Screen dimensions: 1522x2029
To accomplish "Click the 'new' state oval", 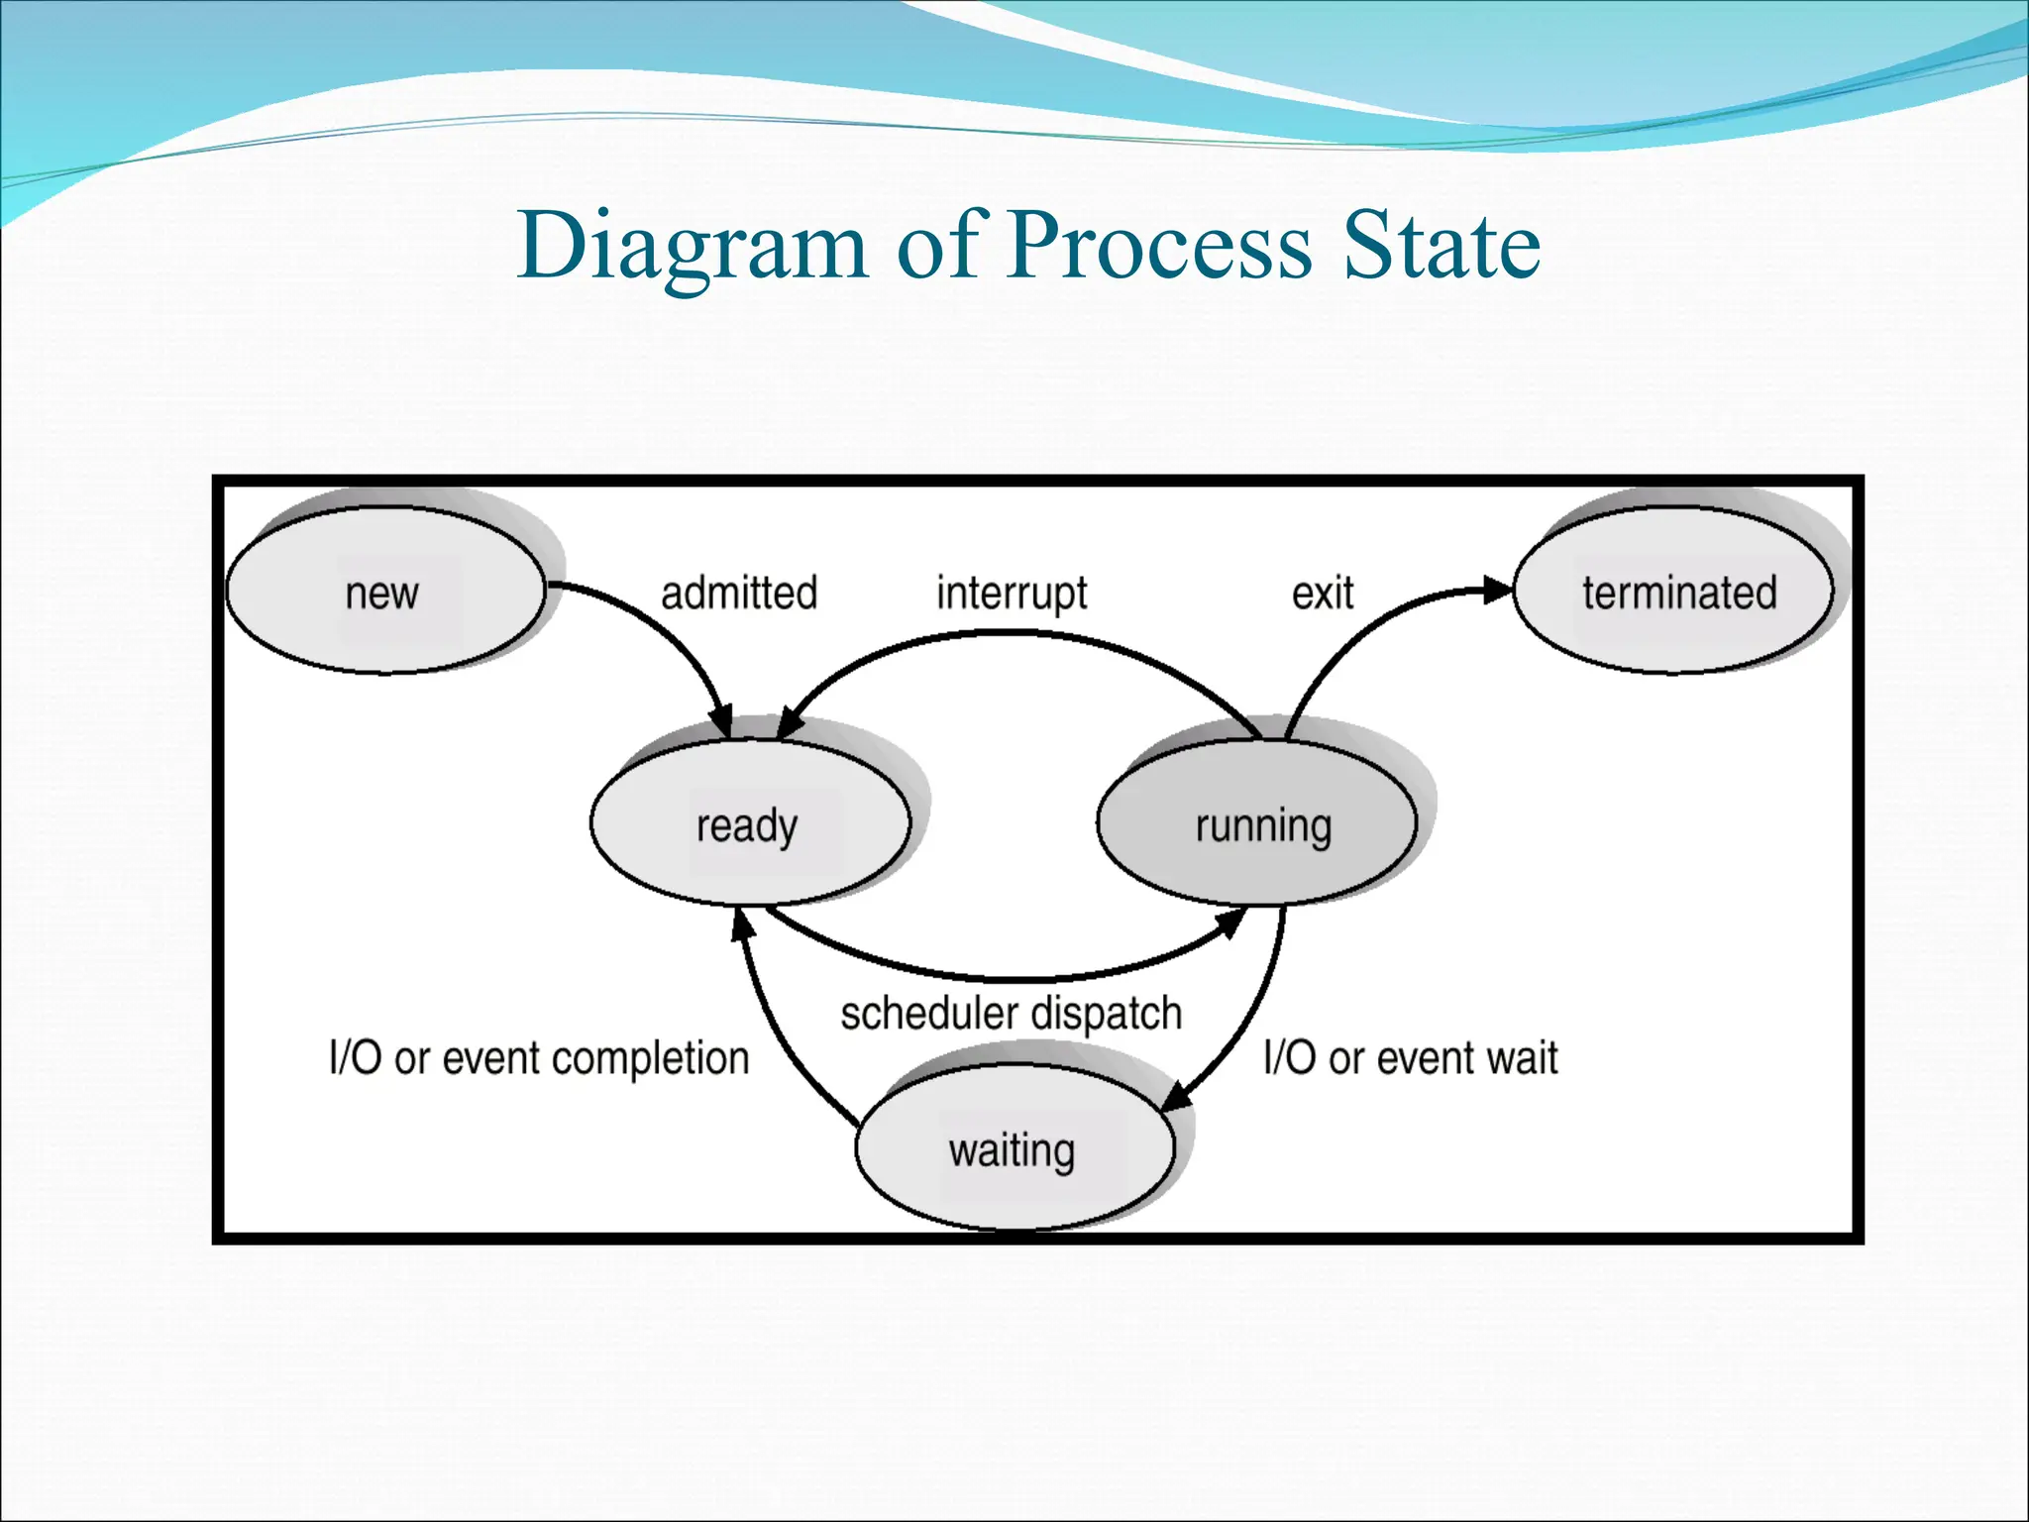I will [x=384, y=592].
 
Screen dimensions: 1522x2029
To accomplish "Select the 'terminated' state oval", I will [x=1674, y=592].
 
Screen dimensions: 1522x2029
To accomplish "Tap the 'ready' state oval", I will [x=749, y=823].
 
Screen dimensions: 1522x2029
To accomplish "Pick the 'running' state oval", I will [x=1258, y=823].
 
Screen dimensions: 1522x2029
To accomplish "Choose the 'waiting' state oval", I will [x=1014, y=1149].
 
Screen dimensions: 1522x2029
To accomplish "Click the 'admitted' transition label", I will [x=739, y=593].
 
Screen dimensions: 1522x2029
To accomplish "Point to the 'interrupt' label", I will [x=1012, y=593].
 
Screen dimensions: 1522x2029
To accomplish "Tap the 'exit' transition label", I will [x=1322, y=593].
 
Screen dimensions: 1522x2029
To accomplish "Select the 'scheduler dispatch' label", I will [x=1012, y=1013].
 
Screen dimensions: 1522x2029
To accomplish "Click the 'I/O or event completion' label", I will [x=539, y=1058].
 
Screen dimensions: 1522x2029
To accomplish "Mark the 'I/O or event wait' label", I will [x=1410, y=1058].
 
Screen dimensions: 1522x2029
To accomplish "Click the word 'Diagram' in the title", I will [x=692, y=246].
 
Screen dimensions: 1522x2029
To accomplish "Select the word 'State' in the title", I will [x=1442, y=246].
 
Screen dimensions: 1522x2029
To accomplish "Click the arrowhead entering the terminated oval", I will [x=1497, y=591].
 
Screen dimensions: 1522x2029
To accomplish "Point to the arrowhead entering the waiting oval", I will [x=1176, y=1097].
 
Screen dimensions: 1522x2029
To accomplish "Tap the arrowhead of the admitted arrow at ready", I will [x=722, y=719].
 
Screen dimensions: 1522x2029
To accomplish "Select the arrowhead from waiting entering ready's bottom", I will [x=742, y=924].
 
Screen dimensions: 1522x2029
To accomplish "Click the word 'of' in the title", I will [x=937, y=246].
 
